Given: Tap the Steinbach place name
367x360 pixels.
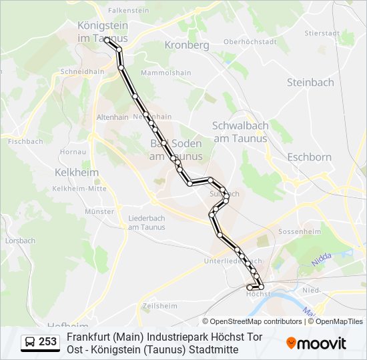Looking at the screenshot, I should [310, 83].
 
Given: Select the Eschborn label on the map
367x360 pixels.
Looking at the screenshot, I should [309, 157].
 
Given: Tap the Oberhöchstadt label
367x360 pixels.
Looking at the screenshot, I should [250, 41].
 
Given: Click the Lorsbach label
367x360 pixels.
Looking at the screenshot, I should [20, 240].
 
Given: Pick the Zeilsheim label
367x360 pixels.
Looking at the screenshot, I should [159, 306].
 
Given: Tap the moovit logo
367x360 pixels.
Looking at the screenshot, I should [316, 343].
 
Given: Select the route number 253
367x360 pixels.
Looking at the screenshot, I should [48, 342].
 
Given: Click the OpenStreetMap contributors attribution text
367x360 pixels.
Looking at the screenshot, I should [252, 321].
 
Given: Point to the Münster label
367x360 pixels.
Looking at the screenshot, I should [100, 211].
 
